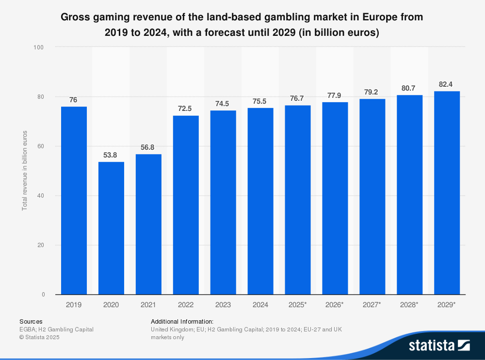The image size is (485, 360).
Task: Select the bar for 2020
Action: [x=111, y=228]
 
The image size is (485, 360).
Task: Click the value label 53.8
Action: [x=111, y=156]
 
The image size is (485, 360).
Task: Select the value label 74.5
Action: [x=223, y=104]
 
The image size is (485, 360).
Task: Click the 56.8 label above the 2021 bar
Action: [x=148, y=148]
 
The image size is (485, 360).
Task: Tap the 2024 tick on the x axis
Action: [x=260, y=305]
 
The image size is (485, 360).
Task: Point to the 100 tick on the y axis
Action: [x=39, y=47]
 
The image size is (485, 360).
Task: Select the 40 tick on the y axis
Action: [x=40, y=196]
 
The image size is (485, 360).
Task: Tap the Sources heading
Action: [x=31, y=321]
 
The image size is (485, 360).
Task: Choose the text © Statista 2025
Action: [x=39, y=337]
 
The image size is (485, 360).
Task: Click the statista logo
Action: [x=439, y=345]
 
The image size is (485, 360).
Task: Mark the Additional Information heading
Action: [x=182, y=321]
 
